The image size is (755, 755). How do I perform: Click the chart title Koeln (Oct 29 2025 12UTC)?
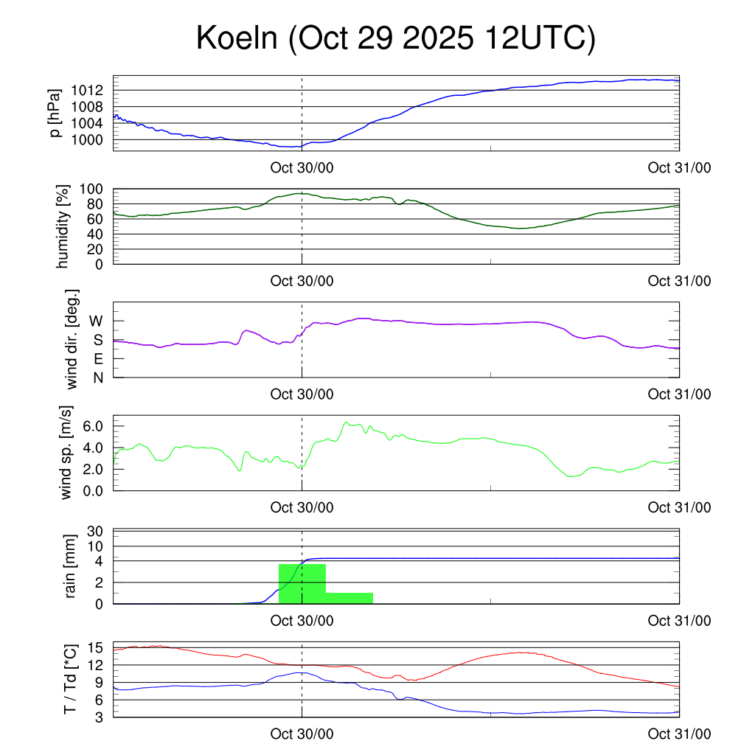pos(395,39)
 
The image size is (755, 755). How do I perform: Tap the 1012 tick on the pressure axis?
pos(92,90)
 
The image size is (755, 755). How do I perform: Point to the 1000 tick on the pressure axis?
pos(92,139)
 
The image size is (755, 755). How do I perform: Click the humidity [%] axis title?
pos(64,226)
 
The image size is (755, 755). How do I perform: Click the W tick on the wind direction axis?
pos(97,321)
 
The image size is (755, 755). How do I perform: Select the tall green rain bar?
pos(302,584)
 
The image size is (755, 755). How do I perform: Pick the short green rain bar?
pos(349,598)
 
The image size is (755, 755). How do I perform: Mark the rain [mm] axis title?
pos(72,566)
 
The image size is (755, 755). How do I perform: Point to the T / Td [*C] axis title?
pos(70,679)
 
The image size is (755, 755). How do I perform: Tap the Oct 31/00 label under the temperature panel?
pos(679,734)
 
